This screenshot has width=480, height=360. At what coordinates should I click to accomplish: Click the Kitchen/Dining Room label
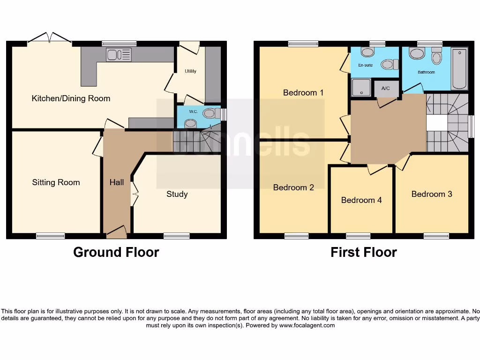point(71,98)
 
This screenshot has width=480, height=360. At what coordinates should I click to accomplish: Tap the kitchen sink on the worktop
point(119,55)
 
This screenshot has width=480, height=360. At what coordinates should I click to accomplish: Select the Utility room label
point(190,71)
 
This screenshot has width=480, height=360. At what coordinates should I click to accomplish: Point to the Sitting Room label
point(56,182)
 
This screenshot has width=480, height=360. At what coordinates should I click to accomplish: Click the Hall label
point(117,182)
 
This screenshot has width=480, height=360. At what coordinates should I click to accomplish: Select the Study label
point(177,194)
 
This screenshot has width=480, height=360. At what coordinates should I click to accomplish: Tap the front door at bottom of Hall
point(116,231)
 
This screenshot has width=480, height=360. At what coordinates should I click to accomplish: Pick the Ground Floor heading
point(116,252)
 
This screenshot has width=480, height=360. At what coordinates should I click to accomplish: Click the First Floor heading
point(364,252)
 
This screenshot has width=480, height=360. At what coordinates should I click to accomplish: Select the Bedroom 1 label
point(303,92)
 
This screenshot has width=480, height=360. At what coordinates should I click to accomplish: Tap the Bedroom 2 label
point(293,187)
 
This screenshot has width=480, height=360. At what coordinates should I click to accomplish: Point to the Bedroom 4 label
point(361,200)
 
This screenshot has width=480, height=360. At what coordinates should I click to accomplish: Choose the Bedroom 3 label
point(432,194)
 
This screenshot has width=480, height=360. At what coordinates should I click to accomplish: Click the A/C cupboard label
point(386,89)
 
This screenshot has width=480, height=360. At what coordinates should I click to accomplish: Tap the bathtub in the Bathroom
point(459,68)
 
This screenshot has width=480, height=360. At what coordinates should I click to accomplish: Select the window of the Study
point(177,236)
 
